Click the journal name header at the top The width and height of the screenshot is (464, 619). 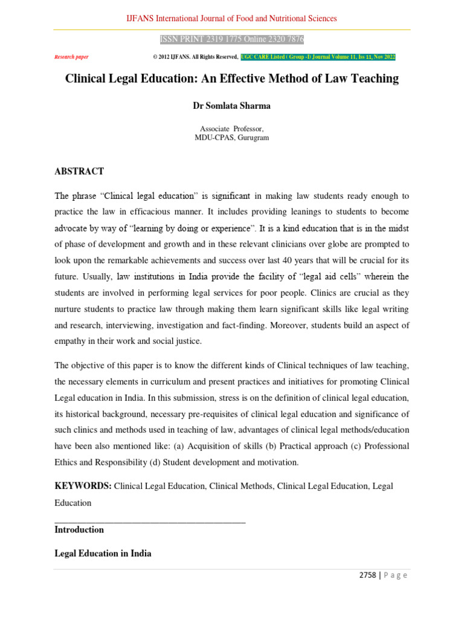tap(231, 19)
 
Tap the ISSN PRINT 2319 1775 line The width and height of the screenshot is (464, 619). tap(231, 40)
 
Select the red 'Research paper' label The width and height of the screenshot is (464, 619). tap(71, 57)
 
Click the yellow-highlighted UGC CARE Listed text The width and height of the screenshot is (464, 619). tap(318, 57)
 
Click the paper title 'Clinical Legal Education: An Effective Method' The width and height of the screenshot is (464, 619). tap(232, 79)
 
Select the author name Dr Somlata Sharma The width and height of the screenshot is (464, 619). tap(231, 106)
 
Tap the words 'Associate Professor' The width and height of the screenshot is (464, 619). tap(231, 129)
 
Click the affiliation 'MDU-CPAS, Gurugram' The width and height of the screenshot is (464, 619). tap(231, 138)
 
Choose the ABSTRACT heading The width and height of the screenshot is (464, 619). tap(79, 172)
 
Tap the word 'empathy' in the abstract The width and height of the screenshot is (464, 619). tap(71, 342)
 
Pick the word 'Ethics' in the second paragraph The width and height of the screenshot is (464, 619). tap(68, 462)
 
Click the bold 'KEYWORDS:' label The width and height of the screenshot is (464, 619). tap(83, 486)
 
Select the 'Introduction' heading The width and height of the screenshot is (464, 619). tap(79, 530)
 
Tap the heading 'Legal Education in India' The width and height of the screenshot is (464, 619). tap(103, 554)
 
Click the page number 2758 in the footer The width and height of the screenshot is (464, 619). tap(366, 575)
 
